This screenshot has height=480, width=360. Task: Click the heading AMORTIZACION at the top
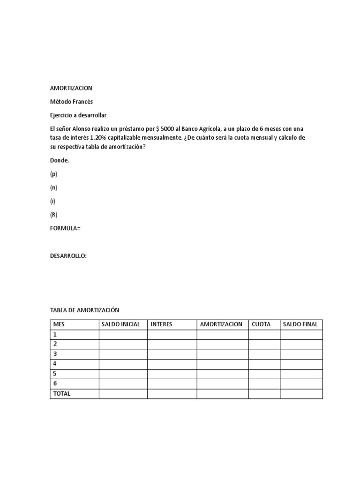[71, 88]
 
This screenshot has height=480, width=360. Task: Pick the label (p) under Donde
[54, 174]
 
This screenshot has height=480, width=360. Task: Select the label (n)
[54, 187]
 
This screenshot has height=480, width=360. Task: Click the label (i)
[53, 201]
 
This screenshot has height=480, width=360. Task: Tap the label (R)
[54, 215]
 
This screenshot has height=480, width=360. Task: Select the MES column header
[59, 324]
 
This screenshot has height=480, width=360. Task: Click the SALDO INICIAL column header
[121, 324]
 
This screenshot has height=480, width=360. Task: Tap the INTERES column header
[161, 324]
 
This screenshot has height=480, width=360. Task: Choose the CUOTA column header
[261, 324]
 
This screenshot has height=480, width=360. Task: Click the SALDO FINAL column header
[300, 324]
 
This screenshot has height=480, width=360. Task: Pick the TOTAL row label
[62, 394]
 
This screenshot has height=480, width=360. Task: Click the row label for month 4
[55, 364]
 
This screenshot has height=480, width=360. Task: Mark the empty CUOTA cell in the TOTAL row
[264, 394]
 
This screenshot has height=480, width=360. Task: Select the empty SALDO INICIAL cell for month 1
[123, 335]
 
